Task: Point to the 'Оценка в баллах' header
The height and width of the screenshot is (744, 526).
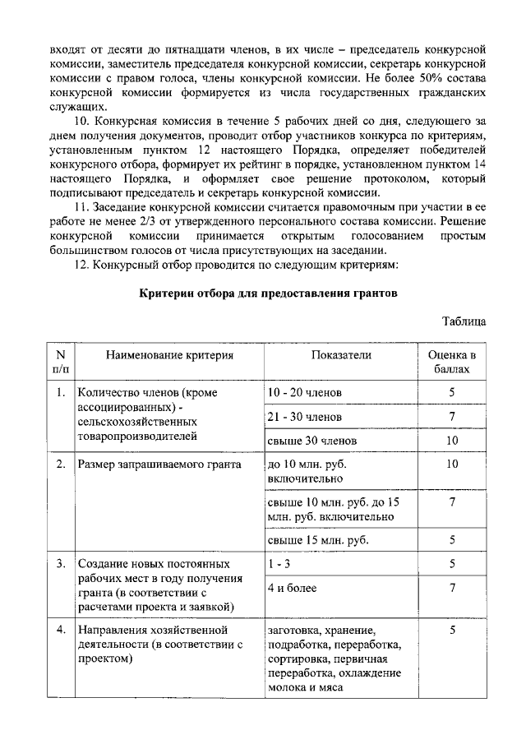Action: tap(452, 363)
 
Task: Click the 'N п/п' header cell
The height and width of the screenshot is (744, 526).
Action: tap(60, 363)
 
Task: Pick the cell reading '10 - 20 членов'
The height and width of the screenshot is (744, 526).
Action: tap(306, 393)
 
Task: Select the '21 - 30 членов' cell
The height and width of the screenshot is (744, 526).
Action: tap(306, 417)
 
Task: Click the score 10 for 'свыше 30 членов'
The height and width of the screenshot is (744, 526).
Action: tap(452, 441)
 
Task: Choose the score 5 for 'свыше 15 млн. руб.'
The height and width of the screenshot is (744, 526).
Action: tap(452, 540)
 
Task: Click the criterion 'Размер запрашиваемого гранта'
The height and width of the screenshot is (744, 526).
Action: tap(159, 464)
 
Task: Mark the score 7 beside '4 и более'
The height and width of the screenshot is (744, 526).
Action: tap(452, 588)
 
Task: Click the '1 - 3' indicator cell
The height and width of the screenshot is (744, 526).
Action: tap(280, 564)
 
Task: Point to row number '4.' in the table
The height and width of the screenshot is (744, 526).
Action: tap(61, 631)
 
